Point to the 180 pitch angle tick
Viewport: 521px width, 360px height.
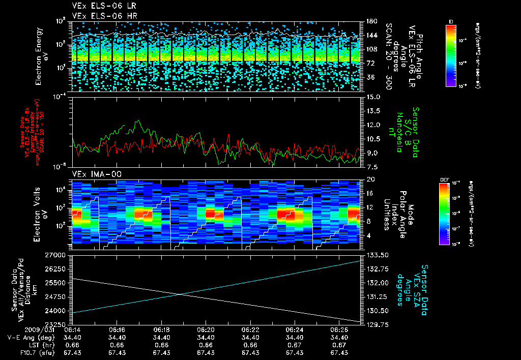pos(370,21)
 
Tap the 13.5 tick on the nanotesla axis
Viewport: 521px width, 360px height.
pos(371,111)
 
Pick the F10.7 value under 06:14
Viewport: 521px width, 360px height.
pos(73,352)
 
